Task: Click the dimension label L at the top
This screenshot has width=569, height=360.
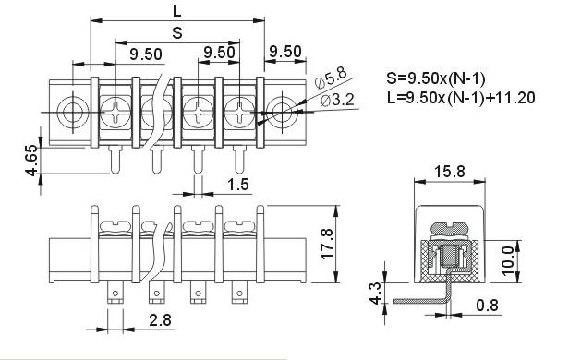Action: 176,12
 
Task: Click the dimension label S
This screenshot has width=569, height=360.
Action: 177,33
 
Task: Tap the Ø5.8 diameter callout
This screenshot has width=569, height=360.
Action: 331,78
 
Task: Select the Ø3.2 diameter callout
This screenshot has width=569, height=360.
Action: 337,100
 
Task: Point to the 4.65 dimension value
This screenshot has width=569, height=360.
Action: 32,161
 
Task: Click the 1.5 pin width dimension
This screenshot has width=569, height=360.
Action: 238,185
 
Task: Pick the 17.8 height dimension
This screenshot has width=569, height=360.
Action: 327,244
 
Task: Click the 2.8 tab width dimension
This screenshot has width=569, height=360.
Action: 160,320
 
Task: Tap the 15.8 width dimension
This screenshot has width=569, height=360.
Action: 450,172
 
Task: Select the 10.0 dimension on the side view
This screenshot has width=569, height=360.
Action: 509,261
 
